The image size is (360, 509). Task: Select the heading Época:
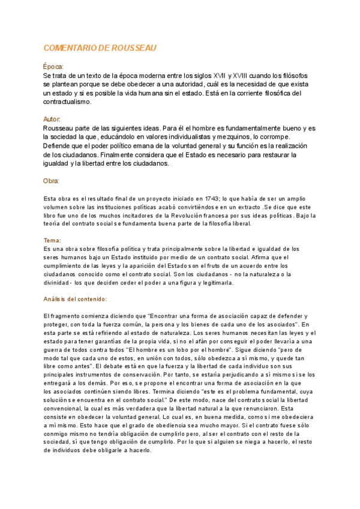tap(53, 67)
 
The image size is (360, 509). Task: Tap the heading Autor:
tap(52, 119)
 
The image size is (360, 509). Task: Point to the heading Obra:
tap(52, 181)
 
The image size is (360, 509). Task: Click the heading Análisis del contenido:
tap(75, 298)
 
